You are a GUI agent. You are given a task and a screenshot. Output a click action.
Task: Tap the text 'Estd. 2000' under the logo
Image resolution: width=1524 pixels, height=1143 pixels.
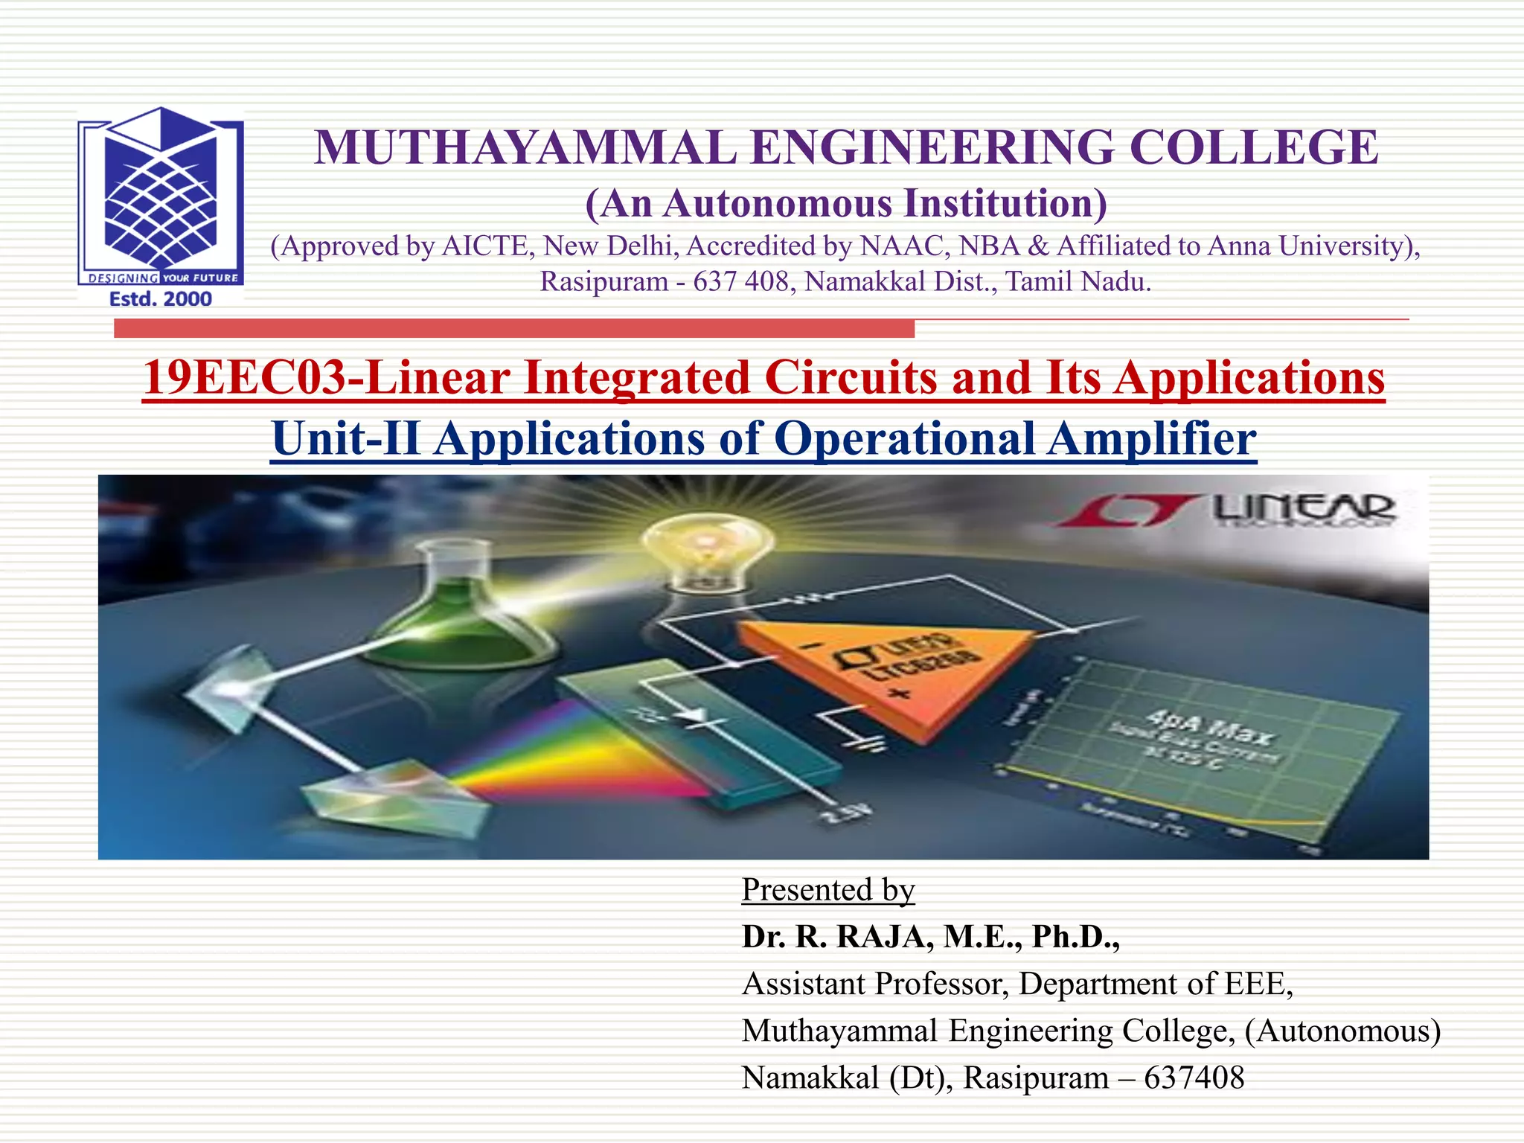tap(161, 299)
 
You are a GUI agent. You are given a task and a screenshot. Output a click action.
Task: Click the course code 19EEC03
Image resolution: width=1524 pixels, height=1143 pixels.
tap(244, 377)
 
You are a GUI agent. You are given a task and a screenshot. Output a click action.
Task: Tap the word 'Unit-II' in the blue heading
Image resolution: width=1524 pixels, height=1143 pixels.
tap(345, 438)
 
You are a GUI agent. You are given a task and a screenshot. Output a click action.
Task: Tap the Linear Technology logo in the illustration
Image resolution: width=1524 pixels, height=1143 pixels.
tap(1228, 510)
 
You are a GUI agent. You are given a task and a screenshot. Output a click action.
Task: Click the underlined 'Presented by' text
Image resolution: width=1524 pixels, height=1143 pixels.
tap(827, 890)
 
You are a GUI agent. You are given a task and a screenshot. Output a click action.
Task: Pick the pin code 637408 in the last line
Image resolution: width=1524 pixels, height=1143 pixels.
tap(1194, 1078)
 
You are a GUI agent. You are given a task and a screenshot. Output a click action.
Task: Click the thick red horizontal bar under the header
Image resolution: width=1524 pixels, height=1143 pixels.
tap(513, 328)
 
